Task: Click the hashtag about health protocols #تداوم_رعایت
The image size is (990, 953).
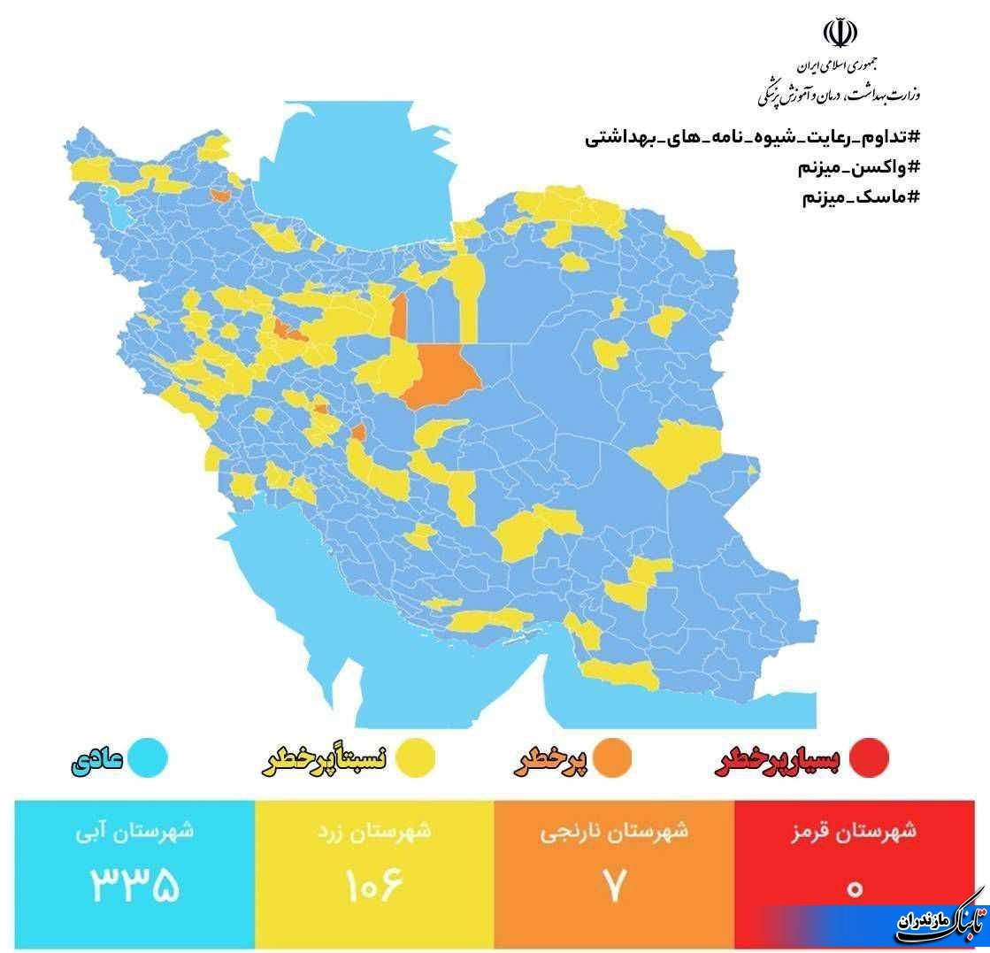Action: click(x=753, y=138)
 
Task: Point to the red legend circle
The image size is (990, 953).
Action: click(x=867, y=759)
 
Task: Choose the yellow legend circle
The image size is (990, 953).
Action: click(x=414, y=759)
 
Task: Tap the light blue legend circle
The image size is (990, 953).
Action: click(x=145, y=759)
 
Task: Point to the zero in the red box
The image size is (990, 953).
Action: click(x=854, y=888)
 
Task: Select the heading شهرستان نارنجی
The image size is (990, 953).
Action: click(x=614, y=832)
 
